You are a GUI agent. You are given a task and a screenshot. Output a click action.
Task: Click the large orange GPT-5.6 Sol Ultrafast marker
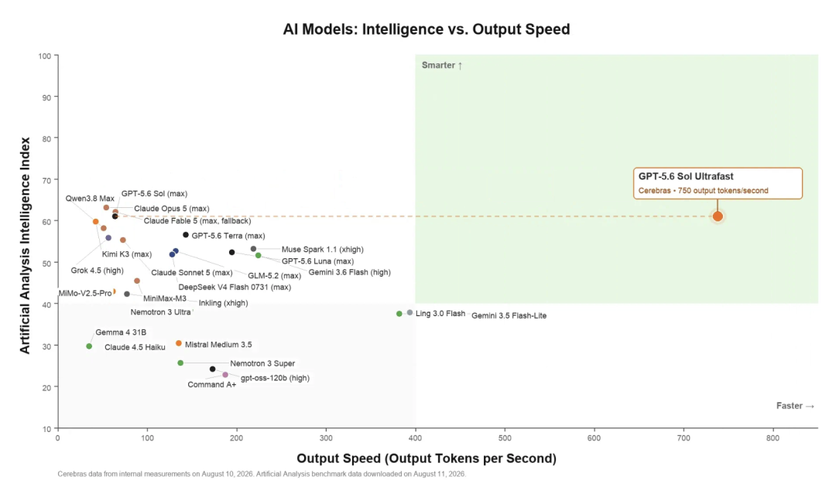coord(718,216)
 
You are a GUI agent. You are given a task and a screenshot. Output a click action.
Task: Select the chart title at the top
coord(426,29)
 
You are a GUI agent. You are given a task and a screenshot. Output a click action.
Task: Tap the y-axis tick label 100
coord(45,56)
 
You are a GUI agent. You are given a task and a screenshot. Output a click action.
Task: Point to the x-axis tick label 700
coord(684,438)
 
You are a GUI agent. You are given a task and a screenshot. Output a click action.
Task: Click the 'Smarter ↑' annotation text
coord(442,66)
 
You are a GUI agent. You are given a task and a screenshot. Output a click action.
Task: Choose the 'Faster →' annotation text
coord(795,406)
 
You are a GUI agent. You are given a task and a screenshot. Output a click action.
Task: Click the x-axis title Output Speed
coord(427,458)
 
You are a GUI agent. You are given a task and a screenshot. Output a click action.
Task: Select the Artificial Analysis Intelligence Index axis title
coord(25,245)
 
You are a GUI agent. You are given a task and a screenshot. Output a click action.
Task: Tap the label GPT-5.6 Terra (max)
coord(228,236)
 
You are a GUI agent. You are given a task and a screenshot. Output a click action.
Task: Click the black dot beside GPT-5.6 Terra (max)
coord(186,235)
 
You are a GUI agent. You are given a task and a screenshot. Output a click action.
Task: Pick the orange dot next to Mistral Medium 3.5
coord(179,343)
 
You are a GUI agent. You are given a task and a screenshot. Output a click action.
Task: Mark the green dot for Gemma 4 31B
coord(89,346)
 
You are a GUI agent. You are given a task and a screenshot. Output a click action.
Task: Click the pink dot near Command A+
coord(225,375)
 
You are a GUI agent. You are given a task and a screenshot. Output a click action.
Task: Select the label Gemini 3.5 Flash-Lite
coord(509,315)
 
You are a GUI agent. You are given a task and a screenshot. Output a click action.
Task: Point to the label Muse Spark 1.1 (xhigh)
coord(323,249)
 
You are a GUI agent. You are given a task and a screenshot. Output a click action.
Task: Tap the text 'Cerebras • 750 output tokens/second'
coord(703,190)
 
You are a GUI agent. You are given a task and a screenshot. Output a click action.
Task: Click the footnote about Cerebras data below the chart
coord(262,474)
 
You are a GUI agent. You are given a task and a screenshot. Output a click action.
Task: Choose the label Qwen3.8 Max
coord(90,199)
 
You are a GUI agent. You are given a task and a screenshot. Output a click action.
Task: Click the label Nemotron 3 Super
coord(262,363)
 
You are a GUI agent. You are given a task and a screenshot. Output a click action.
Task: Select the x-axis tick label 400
coord(416,438)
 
